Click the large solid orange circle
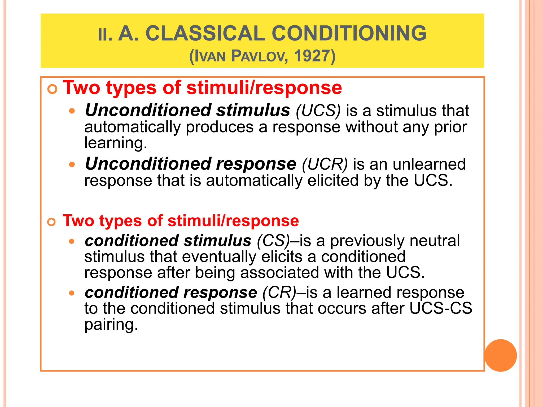(501, 355)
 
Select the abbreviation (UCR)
(325, 165)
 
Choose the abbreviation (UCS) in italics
(318, 111)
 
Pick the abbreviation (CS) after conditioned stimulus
(273, 241)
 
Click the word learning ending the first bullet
(116, 143)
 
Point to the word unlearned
(429, 165)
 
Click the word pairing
(111, 325)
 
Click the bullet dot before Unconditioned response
(72, 165)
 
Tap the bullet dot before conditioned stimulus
(72, 241)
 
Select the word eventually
(219, 257)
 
